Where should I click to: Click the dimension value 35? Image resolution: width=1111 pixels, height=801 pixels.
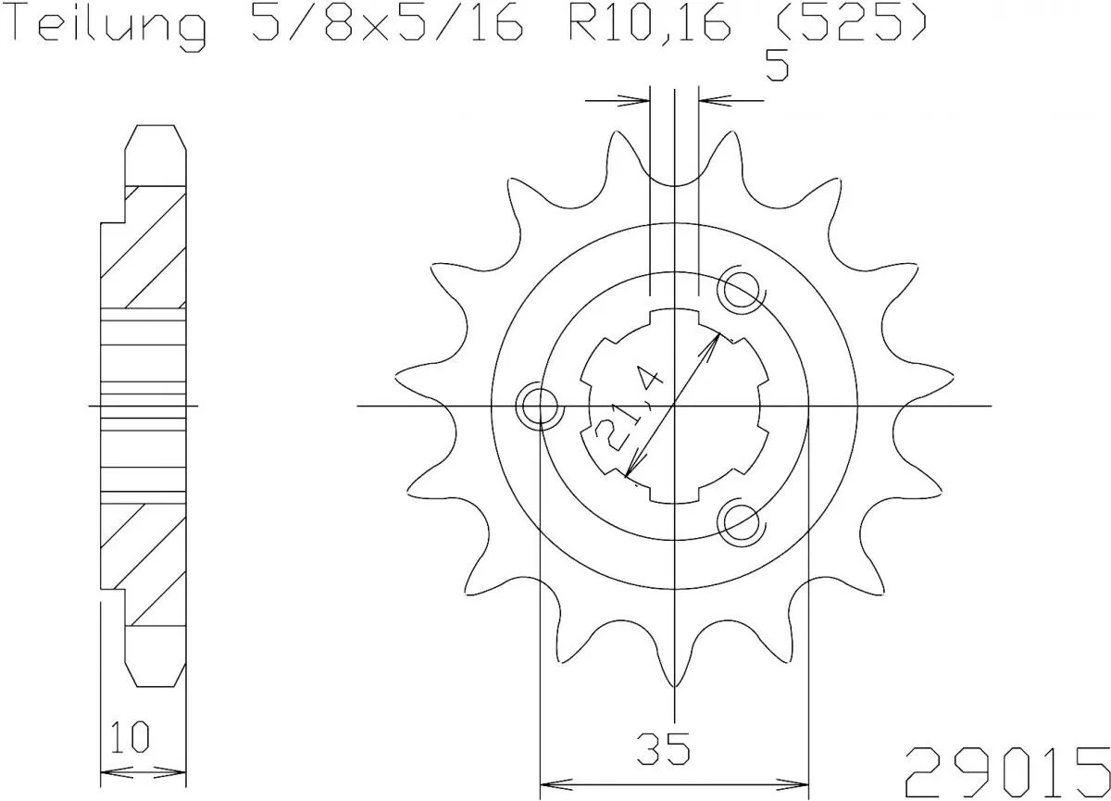point(663,748)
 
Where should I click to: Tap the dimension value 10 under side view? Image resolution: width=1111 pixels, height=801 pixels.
point(130,740)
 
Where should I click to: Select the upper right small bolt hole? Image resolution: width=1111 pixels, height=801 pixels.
point(741,290)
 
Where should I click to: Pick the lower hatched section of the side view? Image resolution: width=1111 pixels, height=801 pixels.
point(144,560)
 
